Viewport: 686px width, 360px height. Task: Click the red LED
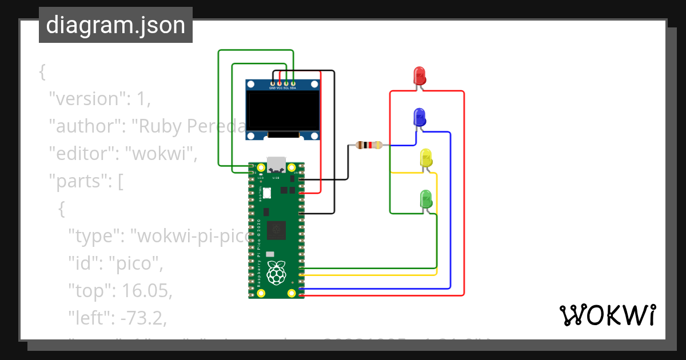(x=420, y=76)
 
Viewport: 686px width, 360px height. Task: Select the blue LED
(x=419, y=117)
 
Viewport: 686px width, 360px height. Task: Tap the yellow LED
(x=426, y=158)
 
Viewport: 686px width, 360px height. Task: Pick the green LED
(x=426, y=199)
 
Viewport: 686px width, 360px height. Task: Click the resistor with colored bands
(x=369, y=145)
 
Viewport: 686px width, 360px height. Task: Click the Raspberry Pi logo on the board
(x=277, y=273)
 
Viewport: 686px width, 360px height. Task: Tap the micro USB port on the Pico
(x=277, y=165)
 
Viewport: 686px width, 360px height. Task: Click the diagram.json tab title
(x=115, y=25)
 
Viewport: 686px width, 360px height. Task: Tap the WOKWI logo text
(x=607, y=315)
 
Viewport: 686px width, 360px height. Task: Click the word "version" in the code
(x=86, y=99)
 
